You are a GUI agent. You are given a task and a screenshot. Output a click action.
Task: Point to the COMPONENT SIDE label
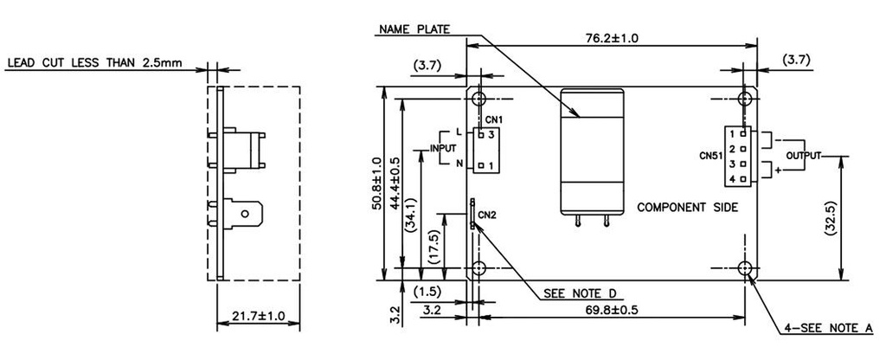click(x=687, y=208)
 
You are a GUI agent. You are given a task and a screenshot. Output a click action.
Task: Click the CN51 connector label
click(x=711, y=157)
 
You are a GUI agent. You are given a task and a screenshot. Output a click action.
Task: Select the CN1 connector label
click(x=495, y=119)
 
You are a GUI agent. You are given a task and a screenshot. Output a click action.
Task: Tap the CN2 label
click(x=487, y=215)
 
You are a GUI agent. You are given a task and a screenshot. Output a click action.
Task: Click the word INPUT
click(x=444, y=149)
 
